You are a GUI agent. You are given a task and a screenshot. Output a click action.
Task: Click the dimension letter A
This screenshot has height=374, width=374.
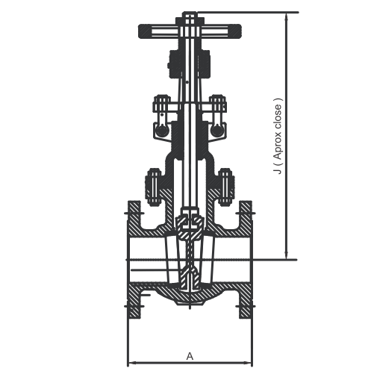(190, 356)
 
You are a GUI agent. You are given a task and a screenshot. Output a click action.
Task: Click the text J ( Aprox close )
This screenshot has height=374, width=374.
(278, 136)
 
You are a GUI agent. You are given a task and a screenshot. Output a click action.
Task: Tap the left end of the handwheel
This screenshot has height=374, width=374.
(140, 31)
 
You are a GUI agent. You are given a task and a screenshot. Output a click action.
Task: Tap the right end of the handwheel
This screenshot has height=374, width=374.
(240, 31)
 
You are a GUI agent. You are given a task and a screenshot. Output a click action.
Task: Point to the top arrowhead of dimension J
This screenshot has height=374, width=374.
(287, 16)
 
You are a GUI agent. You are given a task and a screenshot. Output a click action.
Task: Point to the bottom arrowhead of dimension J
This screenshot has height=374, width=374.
(287, 255)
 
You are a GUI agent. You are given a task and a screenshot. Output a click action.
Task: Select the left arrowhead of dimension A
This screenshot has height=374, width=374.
(132, 363)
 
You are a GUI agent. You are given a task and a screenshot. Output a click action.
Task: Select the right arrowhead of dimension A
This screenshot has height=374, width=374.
(248, 363)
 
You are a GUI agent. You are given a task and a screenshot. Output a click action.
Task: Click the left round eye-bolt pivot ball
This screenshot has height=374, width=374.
(162, 131)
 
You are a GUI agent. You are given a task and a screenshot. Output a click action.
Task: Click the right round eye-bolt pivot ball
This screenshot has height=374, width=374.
(216, 131)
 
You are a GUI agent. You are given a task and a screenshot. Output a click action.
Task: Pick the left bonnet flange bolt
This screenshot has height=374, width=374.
(153, 187)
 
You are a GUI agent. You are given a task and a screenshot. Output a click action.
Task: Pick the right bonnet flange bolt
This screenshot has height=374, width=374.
(226, 187)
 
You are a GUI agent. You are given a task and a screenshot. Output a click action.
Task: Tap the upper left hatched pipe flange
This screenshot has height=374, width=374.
(134, 219)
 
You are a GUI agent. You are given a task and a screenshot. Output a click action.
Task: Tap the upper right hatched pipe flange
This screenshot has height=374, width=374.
(246, 219)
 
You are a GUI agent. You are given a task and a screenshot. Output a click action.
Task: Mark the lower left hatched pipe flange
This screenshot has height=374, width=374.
(134, 301)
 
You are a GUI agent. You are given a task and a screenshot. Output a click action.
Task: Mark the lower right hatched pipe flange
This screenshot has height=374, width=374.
(246, 301)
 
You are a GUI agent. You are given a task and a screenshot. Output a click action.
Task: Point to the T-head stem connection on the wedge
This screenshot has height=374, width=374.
(190, 219)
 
